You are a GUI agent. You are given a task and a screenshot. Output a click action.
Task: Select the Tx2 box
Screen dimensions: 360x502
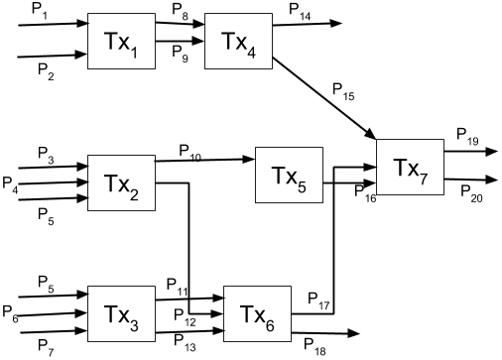pos(122,182)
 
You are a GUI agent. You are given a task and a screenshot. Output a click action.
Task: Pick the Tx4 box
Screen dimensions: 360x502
pos(237,43)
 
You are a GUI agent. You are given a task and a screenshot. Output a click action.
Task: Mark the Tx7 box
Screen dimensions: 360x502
pos(410,167)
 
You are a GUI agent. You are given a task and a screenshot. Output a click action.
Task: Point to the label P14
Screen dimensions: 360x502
pos(300,10)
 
